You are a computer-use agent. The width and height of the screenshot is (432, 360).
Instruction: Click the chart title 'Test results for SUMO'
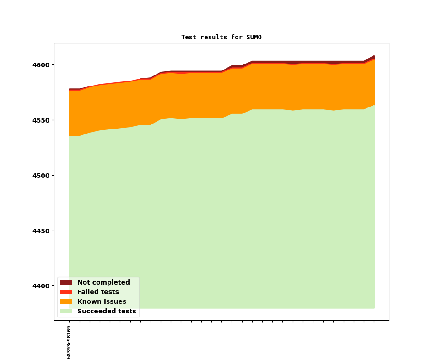pyautogui.click(x=221, y=38)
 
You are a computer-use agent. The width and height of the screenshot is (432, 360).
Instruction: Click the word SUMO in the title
pyautogui.click(x=254, y=38)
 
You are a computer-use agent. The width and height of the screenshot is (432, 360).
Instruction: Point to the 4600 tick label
pyautogui.click(x=41, y=65)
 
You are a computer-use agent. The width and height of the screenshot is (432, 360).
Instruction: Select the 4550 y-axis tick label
pyautogui.click(x=41, y=120)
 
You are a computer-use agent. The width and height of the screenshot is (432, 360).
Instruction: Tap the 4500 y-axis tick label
pyautogui.click(x=41, y=176)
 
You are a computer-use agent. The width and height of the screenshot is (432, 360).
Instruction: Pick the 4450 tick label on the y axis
pyautogui.click(x=41, y=231)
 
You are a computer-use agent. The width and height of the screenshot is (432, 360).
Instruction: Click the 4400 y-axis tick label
pyautogui.click(x=41, y=286)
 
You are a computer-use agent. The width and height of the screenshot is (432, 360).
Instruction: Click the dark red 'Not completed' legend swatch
pyautogui.click(x=66, y=283)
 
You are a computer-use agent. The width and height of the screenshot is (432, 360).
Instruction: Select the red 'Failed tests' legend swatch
pyautogui.click(x=66, y=292)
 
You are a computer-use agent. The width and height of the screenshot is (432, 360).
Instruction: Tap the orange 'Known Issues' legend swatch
pyautogui.click(x=66, y=302)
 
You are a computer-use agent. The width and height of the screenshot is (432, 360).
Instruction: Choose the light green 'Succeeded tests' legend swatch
pyautogui.click(x=66, y=312)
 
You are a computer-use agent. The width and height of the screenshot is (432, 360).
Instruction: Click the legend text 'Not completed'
pyautogui.click(x=103, y=283)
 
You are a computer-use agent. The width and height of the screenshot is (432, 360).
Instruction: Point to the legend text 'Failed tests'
pyautogui.click(x=98, y=292)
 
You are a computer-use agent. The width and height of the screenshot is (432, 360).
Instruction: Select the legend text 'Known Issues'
pyautogui.click(x=102, y=302)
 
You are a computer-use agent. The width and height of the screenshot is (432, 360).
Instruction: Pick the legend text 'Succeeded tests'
pyautogui.click(x=107, y=312)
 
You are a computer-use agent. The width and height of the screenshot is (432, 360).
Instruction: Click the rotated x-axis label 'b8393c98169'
pyautogui.click(x=69, y=342)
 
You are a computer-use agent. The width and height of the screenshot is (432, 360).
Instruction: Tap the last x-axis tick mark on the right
pyautogui.click(x=374, y=322)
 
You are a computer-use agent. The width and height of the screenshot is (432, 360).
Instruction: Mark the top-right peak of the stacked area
pyautogui.click(x=374, y=56)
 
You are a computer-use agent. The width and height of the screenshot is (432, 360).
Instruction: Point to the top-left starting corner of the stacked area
pyautogui.click(x=69, y=89)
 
